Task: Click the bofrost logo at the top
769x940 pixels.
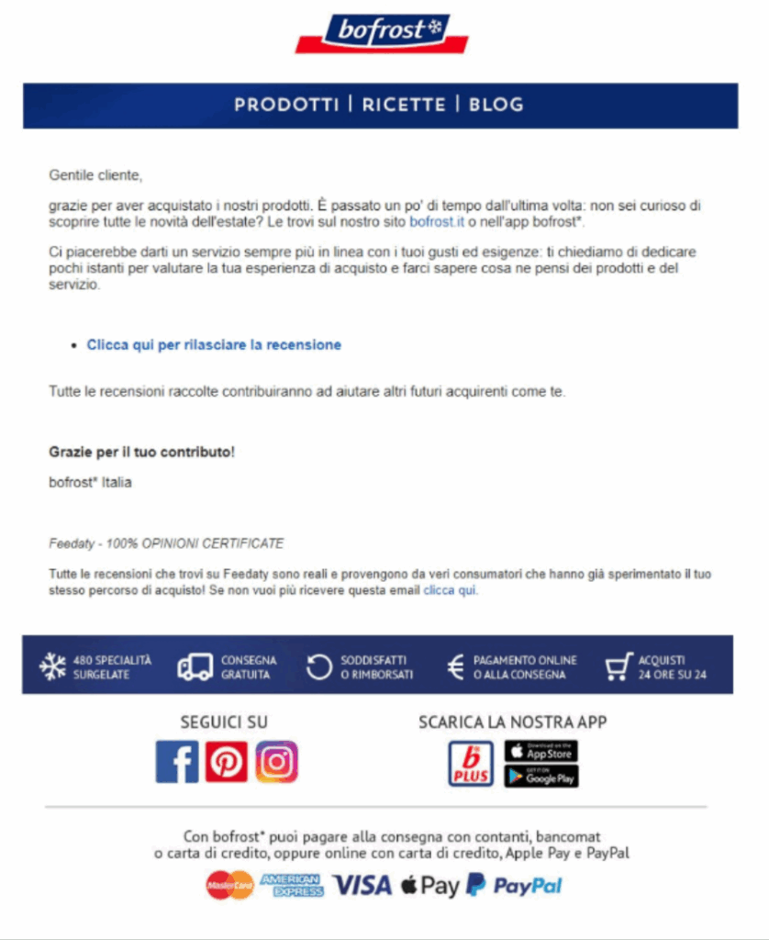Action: click(383, 32)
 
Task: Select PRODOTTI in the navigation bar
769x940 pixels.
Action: click(286, 105)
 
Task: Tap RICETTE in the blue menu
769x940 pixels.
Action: click(404, 105)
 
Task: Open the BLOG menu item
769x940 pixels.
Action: click(496, 105)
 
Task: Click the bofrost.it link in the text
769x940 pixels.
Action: click(437, 221)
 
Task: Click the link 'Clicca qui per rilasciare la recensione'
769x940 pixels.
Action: click(214, 345)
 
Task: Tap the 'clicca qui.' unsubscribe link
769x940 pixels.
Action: click(451, 590)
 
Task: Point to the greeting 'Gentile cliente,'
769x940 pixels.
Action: click(95, 174)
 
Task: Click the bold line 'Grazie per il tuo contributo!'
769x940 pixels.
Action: click(141, 453)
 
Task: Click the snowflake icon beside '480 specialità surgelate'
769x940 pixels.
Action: click(53, 666)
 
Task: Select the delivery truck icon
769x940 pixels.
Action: click(194, 667)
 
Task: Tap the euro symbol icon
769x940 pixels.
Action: click(455, 667)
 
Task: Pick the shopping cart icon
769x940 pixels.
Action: click(619, 666)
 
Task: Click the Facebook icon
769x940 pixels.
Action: click(177, 762)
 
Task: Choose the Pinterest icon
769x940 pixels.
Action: click(227, 762)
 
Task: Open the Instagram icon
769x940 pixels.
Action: click(276, 762)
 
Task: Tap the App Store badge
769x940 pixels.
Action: click(541, 750)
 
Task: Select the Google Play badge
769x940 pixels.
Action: click(541, 776)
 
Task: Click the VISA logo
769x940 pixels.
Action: click(362, 885)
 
